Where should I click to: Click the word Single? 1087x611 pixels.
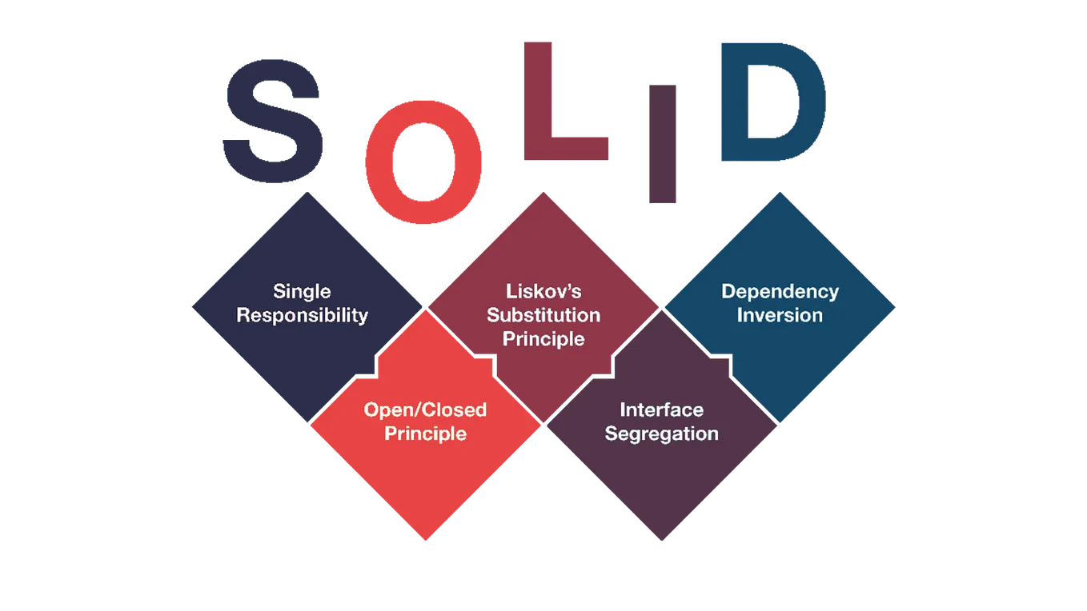pyautogui.click(x=302, y=291)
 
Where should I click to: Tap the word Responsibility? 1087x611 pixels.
pyautogui.click(x=302, y=315)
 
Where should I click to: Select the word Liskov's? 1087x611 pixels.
pyautogui.click(x=543, y=291)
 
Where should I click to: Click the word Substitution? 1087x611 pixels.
pyautogui.click(x=543, y=315)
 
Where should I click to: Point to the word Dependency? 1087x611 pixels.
pyautogui.click(x=780, y=291)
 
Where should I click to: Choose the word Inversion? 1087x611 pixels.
pyautogui.click(x=780, y=315)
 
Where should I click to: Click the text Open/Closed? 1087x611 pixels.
pyautogui.click(x=425, y=410)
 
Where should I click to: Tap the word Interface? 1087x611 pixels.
pyautogui.click(x=661, y=410)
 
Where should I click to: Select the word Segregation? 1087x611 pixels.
pyautogui.click(x=661, y=434)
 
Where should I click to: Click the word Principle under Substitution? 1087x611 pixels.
pyautogui.click(x=543, y=339)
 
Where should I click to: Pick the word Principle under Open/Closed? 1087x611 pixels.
pyautogui.click(x=425, y=434)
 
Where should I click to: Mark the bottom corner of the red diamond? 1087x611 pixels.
pyautogui.click(x=426, y=541)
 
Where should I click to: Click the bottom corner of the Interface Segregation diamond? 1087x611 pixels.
pyautogui.click(x=662, y=541)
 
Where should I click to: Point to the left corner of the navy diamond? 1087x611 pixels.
pyautogui.click(x=191, y=307)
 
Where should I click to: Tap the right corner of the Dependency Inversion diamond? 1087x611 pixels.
pyautogui.click(x=896, y=307)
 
